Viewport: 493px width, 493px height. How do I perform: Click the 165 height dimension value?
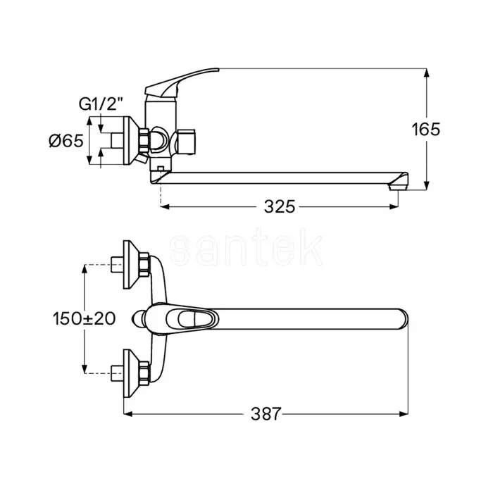pyautogui.click(x=426, y=129)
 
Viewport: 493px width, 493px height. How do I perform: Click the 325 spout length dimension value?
pyautogui.click(x=280, y=206)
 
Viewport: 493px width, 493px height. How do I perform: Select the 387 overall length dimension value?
pyautogui.click(x=266, y=414)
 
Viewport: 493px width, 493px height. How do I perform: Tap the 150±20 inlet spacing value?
pyautogui.click(x=85, y=318)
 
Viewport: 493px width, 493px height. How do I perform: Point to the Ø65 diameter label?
pyautogui.click(x=66, y=141)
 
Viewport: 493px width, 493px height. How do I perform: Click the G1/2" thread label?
pyautogui.click(x=101, y=104)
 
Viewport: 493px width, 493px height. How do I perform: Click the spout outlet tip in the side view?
pyautogui.click(x=397, y=187)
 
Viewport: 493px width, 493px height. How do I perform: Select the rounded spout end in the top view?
pyautogui.click(x=403, y=319)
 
